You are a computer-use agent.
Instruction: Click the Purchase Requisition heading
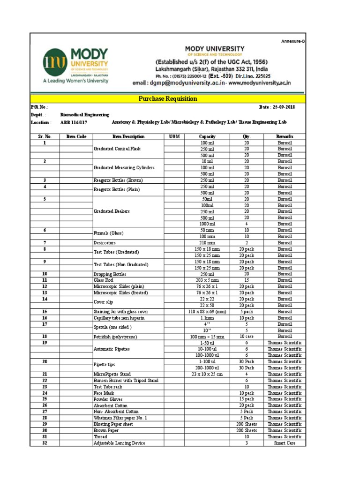[167, 99]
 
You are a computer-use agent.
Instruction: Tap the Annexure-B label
[293, 41]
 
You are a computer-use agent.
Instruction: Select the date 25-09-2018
[277, 107]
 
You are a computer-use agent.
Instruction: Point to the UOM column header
[174, 136]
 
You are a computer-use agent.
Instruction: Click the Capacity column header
[207, 136]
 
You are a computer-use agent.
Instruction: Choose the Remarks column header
[285, 136]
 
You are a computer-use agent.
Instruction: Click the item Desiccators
[104, 243]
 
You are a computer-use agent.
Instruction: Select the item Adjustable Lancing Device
[119, 443]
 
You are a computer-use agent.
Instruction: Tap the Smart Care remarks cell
[285, 443]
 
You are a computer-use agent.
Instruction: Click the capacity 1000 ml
[207, 224]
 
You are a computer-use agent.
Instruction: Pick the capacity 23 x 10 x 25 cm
[207, 374]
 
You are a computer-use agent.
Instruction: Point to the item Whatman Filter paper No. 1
[120, 418]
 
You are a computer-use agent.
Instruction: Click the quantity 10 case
[247, 337]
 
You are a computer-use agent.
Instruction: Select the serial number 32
[45, 443]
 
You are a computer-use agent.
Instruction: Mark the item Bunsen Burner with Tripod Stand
[126, 381]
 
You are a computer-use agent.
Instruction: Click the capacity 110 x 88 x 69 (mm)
[207, 312]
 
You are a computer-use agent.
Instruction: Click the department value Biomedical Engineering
[85, 114]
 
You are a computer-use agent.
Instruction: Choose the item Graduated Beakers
[112, 211]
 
